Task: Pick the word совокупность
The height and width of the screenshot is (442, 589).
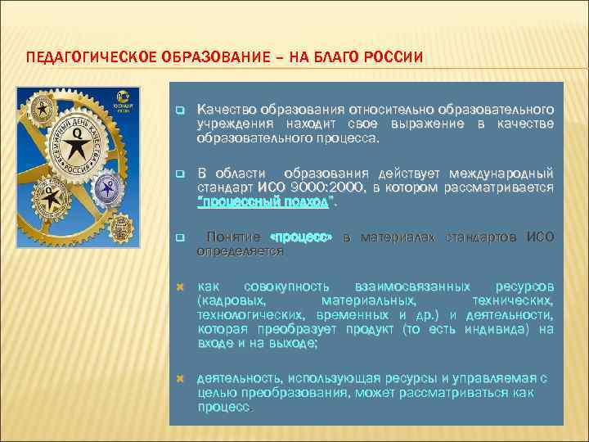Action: pyautogui.click(x=287, y=287)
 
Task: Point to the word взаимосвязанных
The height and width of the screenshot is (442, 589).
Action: pyautogui.click(x=412, y=287)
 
